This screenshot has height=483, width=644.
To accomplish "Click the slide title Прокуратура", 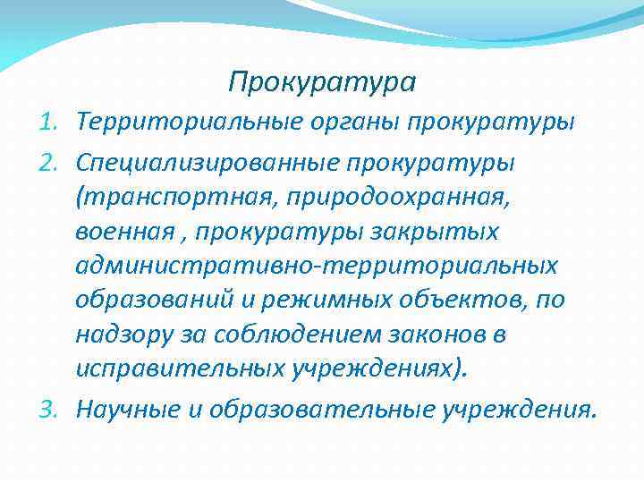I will point(322,82).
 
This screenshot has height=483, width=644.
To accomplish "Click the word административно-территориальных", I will point(317,266).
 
